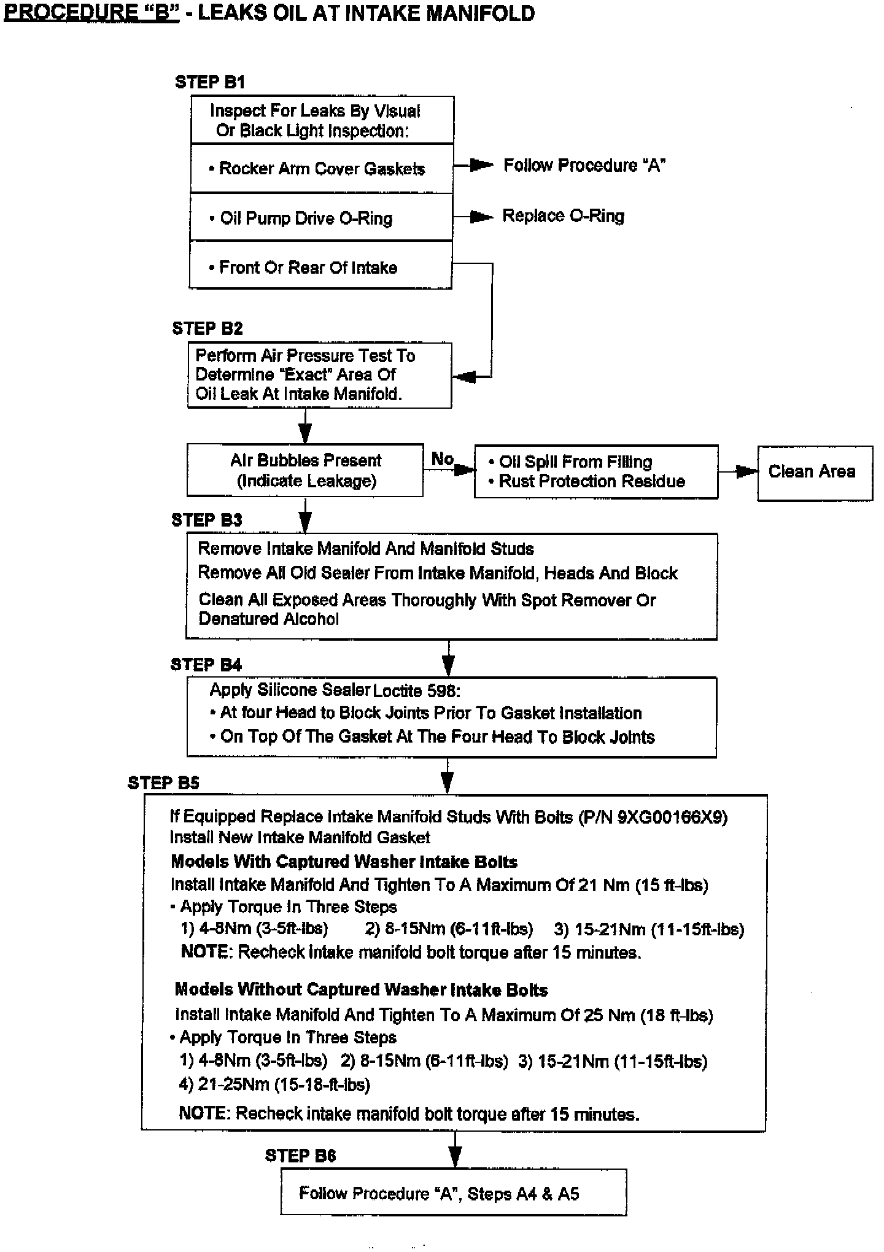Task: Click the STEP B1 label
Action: (x=210, y=82)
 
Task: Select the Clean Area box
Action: (x=814, y=473)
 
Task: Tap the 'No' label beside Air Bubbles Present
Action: (x=442, y=458)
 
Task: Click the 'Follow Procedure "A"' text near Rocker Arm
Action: (x=584, y=166)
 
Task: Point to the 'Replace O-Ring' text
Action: (x=563, y=216)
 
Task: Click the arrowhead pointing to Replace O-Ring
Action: (x=483, y=217)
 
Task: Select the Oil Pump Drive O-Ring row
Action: (x=321, y=218)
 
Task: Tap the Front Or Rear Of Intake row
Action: (x=320, y=268)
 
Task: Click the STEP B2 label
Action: (x=207, y=328)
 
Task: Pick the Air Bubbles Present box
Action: (x=305, y=471)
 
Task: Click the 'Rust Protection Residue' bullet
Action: (x=591, y=481)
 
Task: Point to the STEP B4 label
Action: (x=206, y=665)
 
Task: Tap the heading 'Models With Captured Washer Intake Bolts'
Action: (x=344, y=862)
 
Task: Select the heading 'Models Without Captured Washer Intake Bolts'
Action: (x=361, y=989)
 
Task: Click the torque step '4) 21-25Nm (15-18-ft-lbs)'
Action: (x=274, y=1084)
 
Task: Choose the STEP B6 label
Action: (x=300, y=1156)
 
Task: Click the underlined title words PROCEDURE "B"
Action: (x=91, y=13)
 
